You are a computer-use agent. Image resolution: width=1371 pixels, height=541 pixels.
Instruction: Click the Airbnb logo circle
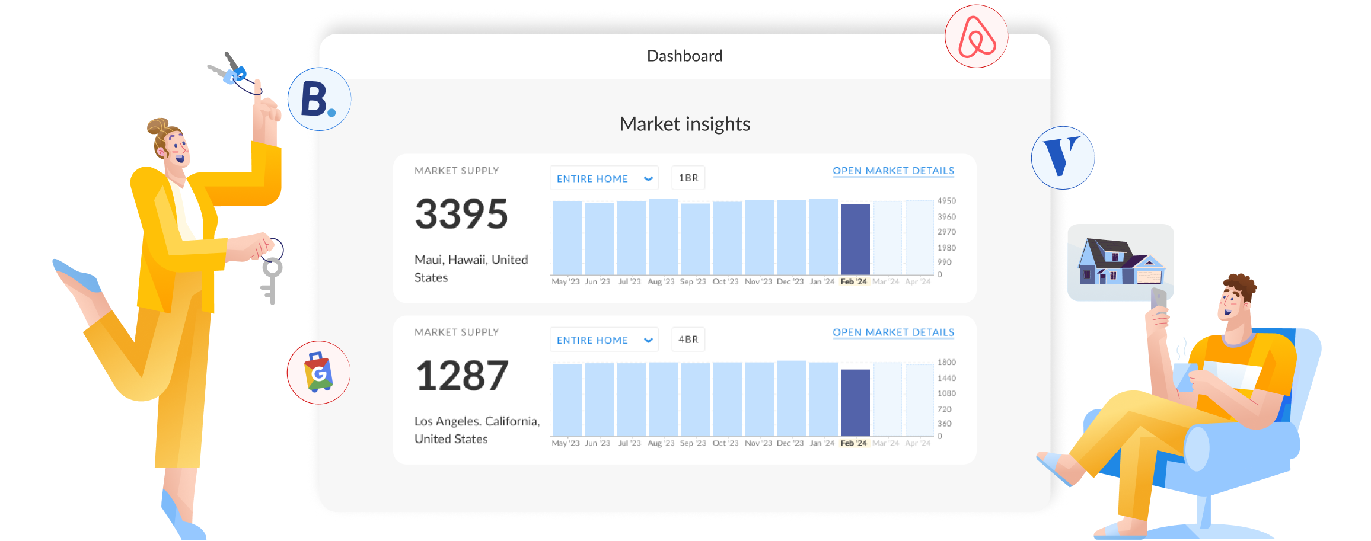click(976, 36)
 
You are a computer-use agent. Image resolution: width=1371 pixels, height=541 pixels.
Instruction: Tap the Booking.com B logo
click(319, 99)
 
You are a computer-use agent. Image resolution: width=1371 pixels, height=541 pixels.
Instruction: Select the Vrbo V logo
click(1063, 158)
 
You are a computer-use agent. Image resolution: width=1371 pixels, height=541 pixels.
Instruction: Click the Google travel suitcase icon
click(318, 372)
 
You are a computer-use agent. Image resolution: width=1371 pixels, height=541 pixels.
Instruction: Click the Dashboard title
click(684, 56)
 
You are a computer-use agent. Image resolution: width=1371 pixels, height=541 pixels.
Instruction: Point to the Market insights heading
click(684, 124)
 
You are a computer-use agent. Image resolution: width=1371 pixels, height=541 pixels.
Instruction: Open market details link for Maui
click(893, 171)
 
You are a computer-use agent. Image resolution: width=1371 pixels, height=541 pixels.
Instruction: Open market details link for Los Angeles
click(893, 332)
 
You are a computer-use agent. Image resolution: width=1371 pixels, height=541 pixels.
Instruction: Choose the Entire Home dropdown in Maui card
click(604, 178)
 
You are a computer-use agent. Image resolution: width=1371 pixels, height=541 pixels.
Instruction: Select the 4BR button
click(688, 340)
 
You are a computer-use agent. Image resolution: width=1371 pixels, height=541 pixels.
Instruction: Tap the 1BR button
click(688, 178)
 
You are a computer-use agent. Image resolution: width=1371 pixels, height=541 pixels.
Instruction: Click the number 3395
click(461, 214)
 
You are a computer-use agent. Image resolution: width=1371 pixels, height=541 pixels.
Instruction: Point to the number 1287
click(461, 376)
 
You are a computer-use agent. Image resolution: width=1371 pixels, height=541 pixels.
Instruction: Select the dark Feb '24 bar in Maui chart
click(855, 239)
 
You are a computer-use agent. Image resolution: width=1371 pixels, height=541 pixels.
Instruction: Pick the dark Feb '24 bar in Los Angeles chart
click(855, 403)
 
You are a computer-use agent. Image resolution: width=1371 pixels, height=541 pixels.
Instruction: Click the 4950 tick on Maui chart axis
click(946, 201)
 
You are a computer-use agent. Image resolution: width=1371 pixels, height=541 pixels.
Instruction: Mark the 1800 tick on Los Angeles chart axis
click(946, 362)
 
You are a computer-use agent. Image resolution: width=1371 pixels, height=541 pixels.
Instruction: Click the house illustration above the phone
click(1121, 261)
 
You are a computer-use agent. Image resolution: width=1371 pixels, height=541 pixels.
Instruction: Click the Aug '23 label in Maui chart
click(661, 281)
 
